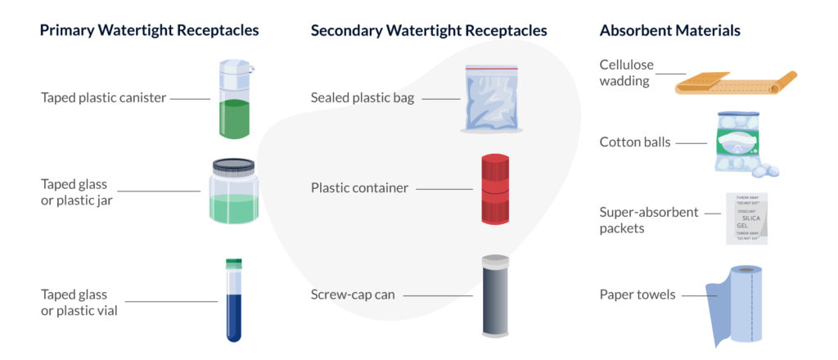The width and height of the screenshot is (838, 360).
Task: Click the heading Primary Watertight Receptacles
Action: point(150,31)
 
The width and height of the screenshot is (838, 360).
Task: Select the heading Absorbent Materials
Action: point(669,31)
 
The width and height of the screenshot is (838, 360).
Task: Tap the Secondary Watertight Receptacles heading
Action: point(429,31)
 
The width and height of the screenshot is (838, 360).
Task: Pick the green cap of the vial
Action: point(234,263)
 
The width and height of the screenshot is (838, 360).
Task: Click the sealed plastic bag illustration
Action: point(493,100)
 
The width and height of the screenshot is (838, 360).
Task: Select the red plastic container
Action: point(494,188)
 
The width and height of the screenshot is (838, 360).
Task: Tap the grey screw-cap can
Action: point(494,295)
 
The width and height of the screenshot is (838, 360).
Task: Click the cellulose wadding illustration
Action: point(735,82)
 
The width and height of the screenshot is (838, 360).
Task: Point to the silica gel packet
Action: point(746,218)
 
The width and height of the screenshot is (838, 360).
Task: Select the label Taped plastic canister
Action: point(104,98)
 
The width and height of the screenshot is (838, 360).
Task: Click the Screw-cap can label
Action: point(353,295)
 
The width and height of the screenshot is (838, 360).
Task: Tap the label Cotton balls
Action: point(635,142)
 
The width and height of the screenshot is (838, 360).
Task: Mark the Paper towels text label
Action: point(638,295)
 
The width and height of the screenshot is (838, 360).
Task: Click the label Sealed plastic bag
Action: point(363,98)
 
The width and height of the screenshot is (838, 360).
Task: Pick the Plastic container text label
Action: point(359,188)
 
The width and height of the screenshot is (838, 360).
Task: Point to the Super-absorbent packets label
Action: point(649,220)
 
